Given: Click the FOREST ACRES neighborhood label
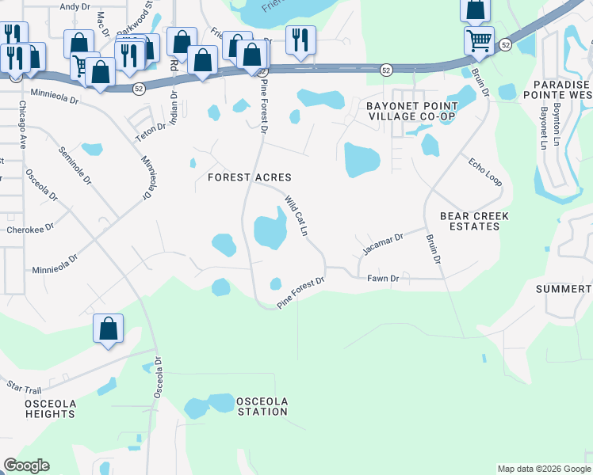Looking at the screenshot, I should [x=250, y=177].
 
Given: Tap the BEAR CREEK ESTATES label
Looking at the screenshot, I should [x=474, y=221].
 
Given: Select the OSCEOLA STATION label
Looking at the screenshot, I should [x=262, y=406].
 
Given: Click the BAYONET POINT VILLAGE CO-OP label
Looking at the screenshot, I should [x=411, y=111].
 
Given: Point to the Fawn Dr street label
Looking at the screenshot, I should [x=383, y=278].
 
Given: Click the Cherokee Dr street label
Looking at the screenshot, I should [x=29, y=226].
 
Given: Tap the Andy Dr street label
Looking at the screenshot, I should [x=75, y=6].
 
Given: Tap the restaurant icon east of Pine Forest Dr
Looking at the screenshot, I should [x=300, y=39].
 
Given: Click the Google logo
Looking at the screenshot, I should [x=26, y=465].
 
